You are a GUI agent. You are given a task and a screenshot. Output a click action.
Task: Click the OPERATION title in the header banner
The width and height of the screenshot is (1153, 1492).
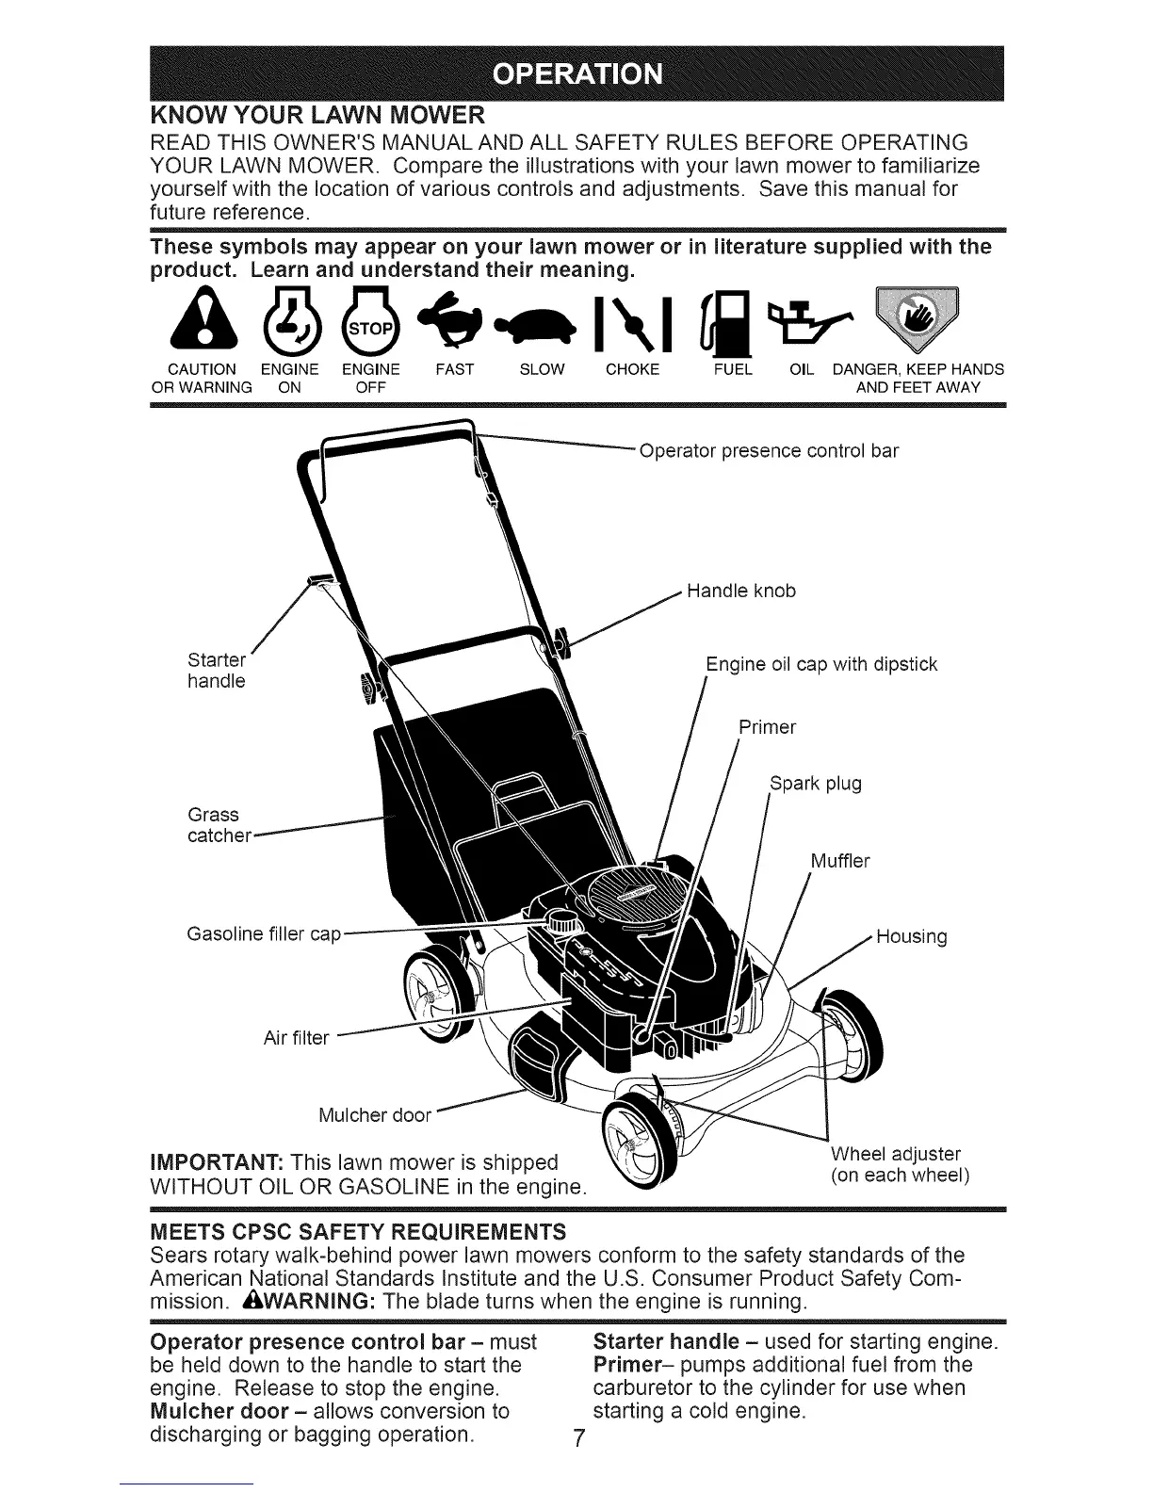pos(577,73)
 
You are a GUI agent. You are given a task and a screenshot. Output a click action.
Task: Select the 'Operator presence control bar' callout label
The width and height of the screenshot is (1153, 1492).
pos(769,450)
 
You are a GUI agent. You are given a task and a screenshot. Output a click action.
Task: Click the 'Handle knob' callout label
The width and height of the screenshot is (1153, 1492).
pos(741,591)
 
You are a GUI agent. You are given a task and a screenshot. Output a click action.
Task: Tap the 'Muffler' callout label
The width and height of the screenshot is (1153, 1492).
pos(840,861)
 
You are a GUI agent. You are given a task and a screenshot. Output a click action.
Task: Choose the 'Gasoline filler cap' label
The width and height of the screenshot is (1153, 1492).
pos(264,934)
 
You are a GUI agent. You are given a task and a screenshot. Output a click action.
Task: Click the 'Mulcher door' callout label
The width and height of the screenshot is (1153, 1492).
pos(374,1116)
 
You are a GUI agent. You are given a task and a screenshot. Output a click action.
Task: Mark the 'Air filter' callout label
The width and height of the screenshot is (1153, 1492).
pos(296,1038)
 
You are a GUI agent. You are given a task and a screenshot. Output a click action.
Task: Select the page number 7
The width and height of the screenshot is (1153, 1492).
pos(580,1439)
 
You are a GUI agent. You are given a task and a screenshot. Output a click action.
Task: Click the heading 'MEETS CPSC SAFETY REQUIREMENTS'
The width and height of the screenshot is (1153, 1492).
pos(358,1231)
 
